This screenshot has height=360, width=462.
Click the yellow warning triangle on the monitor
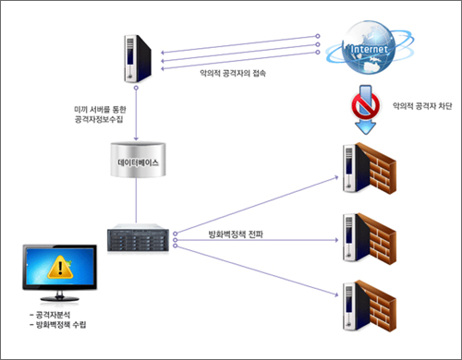pos(61,269)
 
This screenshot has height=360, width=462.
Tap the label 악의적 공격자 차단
pos(422,105)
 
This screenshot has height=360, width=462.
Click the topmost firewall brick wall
pos(380,166)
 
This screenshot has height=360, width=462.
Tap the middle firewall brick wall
pos(380,235)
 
